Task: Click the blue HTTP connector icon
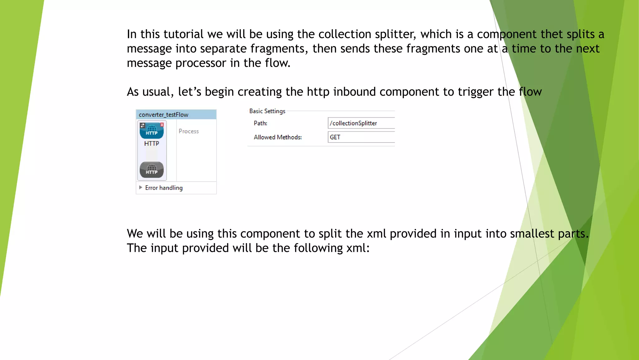point(152,131)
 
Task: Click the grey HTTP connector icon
point(152,170)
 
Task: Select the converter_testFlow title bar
point(176,115)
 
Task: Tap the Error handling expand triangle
point(141,187)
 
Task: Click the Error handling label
point(164,188)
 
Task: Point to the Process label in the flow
point(188,131)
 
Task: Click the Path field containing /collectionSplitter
point(361,123)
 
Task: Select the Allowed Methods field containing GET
point(361,137)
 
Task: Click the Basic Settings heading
point(267,111)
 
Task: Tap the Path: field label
point(261,123)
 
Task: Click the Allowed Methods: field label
point(278,137)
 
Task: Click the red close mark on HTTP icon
point(162,125)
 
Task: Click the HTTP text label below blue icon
point(152,143)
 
